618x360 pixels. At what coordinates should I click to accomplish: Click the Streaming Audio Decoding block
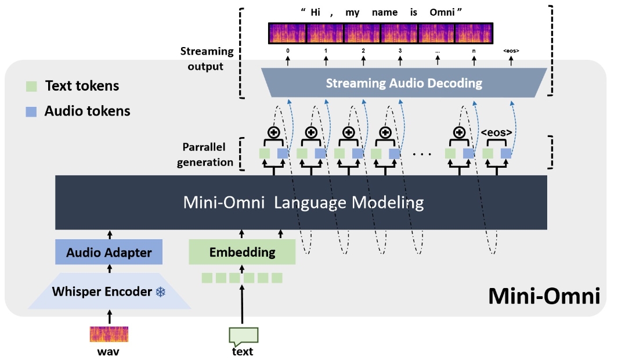pos(404,83)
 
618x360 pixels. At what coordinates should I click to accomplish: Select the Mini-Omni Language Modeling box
pos(301,202)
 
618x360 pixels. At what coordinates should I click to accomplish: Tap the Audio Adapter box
pos(109,252)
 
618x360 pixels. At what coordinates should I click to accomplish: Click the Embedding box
pos(242,252)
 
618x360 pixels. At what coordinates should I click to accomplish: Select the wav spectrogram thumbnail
pos(109,334)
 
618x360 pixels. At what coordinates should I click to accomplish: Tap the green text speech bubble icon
pos(243,336)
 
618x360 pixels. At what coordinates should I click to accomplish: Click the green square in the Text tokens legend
pos(32,86)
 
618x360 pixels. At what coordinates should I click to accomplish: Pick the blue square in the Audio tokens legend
pos(32,111)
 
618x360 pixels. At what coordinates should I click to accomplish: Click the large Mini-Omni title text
pos(543,296)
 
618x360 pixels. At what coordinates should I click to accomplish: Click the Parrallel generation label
pos(207,154)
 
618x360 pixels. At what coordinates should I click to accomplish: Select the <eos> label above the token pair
pos(497,132)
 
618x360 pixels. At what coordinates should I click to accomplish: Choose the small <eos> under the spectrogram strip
pos(511,51)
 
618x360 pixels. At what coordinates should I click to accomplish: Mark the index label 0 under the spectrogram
pos(287,51)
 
